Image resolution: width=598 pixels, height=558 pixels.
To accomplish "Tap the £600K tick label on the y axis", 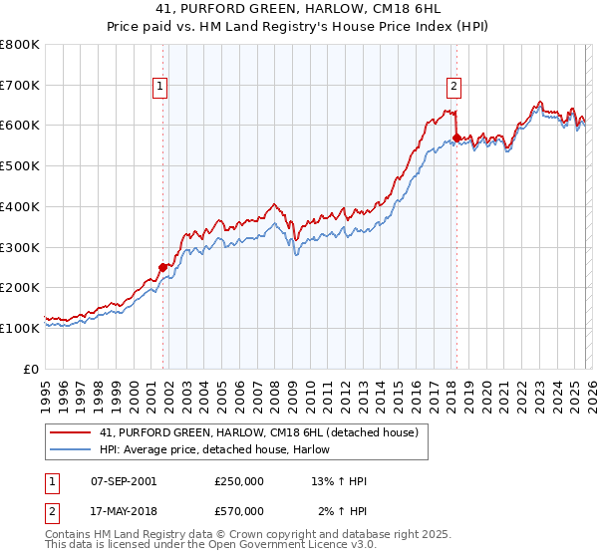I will [20, 126].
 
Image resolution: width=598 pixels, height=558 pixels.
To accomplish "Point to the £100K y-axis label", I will [20, 328].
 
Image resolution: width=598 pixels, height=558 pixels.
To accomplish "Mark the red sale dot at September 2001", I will [162, 267].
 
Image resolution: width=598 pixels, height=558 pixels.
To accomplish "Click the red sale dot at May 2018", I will [456, 138].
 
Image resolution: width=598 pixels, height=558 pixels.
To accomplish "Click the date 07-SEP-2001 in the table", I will [124, 481].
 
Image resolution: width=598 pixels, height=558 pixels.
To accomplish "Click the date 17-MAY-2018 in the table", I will [124, 511].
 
